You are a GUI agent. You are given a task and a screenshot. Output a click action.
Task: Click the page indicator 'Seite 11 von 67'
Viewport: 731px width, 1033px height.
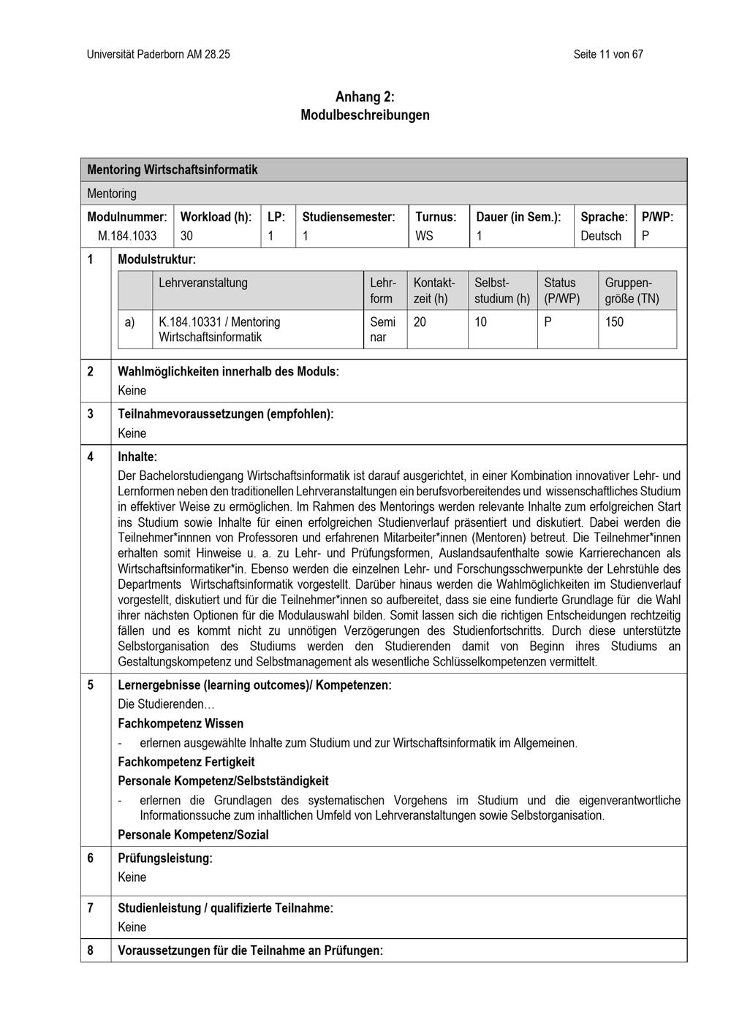[608, 54]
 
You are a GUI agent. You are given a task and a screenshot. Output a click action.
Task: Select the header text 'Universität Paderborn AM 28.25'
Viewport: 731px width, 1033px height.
[158, 54]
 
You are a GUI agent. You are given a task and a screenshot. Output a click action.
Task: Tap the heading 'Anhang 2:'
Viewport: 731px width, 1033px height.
[365, 96]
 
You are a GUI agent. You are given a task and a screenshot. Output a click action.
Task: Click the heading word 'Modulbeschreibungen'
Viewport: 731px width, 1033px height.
[365, 115]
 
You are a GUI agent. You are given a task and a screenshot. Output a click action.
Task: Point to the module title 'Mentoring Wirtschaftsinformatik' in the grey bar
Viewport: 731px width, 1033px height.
[173, 169]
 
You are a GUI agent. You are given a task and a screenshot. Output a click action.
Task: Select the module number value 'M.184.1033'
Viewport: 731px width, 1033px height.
[127, 235]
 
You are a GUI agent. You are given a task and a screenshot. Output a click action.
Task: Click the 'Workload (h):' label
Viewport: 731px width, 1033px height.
[216, 217]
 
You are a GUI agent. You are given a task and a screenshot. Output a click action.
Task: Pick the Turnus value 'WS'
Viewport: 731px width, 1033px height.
[424, 235]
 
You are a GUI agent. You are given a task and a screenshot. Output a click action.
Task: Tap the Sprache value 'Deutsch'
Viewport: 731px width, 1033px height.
[601, 235]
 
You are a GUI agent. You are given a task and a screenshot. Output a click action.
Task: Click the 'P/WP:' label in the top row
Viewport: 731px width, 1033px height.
[657, 217]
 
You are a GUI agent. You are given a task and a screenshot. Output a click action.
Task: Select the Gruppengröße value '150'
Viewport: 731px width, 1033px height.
[614, 321]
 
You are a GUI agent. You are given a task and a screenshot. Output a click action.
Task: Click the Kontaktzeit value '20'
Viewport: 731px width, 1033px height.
[420, 321]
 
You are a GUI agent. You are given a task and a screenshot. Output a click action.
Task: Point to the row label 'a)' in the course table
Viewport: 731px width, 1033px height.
[129, 321]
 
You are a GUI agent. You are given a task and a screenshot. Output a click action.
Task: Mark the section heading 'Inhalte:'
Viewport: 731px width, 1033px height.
[137, 457]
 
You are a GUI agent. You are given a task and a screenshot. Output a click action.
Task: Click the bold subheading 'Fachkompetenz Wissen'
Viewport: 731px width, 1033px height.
[181, 723]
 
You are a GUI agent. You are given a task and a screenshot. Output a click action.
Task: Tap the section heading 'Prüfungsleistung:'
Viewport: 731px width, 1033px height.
[165, 858]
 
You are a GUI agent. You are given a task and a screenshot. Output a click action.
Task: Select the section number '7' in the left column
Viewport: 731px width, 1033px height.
[91, 908]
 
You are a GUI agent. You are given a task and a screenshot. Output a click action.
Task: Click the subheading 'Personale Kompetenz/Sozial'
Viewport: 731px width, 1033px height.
[193, 834]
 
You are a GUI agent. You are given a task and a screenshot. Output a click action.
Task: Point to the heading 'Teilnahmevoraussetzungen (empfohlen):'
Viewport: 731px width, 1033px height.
[225, 413]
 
